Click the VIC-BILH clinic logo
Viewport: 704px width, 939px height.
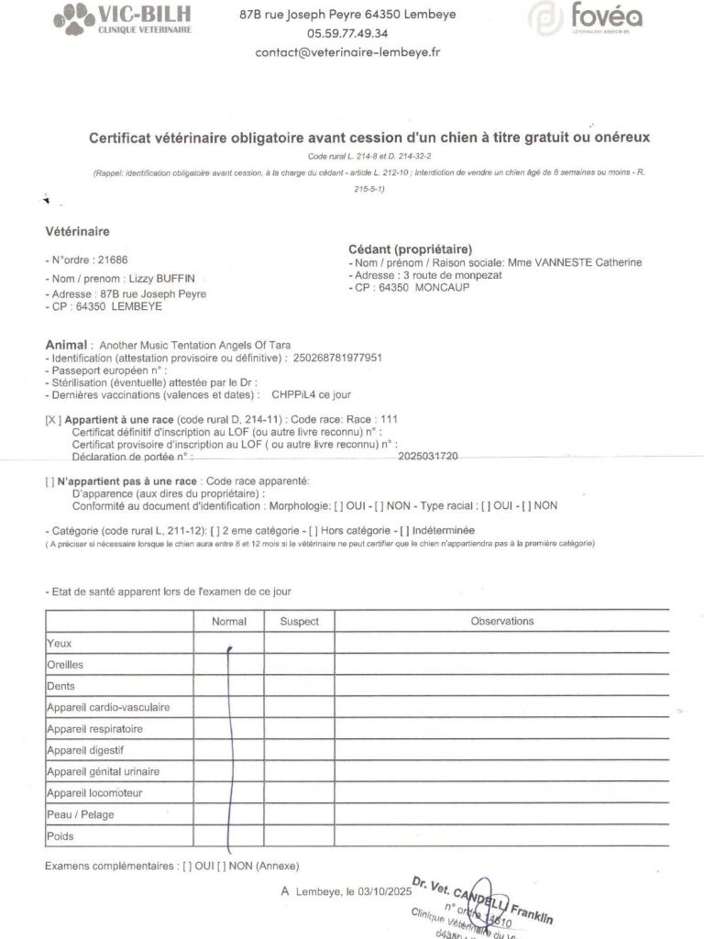[x=123, y=18]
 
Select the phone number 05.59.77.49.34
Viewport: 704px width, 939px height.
[x=347, y=33]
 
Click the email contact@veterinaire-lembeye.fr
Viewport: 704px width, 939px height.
[x=347, y=52]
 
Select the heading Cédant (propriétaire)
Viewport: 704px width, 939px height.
[x=410, y=249]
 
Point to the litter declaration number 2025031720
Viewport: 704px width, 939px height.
[x=429, y=456]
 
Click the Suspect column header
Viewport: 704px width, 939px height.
[x=299, y=622]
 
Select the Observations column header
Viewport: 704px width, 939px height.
[x=501, y=621]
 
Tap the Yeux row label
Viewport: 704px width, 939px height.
[x=60, y=644]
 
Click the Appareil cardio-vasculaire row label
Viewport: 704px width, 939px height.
[x=108, y=708]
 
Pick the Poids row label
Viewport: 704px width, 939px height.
[x=60, y=836]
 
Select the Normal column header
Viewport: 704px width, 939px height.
[x=229, y=622]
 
